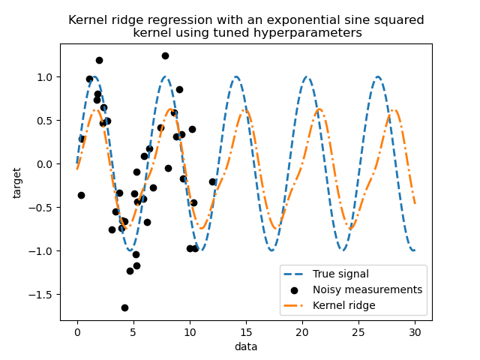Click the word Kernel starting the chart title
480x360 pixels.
coord(88,20)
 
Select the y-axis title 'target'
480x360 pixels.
coord(17,182)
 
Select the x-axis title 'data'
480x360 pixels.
coord(246,346)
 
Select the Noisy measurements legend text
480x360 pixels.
coord(368,289)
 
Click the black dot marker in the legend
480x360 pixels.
coord(298,289)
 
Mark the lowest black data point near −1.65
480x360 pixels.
coord(124,307)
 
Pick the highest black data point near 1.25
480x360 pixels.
coord(165,55)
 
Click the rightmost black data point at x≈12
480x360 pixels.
coord(212,181)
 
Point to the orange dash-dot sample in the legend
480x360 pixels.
coord(298,305)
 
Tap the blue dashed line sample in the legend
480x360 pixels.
coord(298,274)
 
